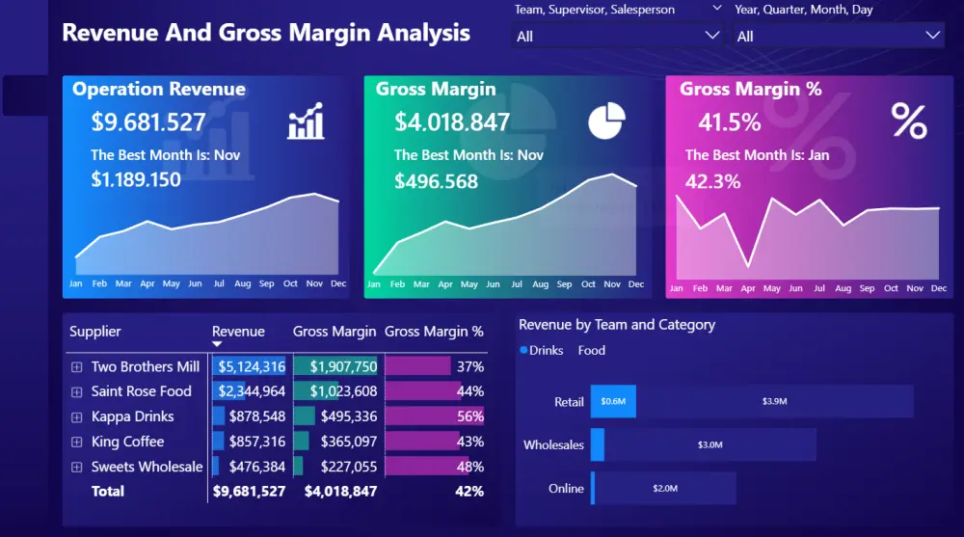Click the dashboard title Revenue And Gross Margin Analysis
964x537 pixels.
point(266,33)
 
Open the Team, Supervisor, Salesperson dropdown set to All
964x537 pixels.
point(617,36)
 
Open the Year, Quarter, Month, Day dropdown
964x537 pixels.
point(838,36)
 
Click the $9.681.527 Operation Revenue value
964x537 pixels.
point(148,122)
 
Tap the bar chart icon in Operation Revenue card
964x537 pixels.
point(306,123)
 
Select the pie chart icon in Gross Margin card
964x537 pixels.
point(606,121)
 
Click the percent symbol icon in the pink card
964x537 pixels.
point(908,122)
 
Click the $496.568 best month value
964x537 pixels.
point(436,181)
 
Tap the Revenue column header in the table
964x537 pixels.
point(238,332)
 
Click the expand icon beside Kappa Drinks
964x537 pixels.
point(77,417)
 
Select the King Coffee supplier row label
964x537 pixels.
point(127,442)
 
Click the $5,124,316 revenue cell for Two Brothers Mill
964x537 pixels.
point(251,366)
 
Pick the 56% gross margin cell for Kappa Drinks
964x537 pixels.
point(470,416)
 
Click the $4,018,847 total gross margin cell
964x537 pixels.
point(340,491)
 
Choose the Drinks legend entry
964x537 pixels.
point(545,350)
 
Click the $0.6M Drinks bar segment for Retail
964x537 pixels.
point(613,401)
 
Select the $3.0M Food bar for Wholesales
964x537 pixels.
point(710,444)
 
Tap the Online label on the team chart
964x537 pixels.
point(566,489)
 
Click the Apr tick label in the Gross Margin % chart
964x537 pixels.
point(748,288)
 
